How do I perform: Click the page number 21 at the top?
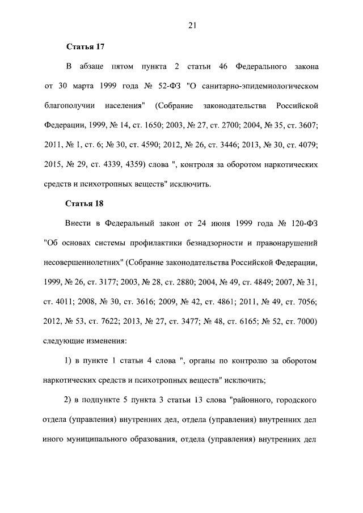click(x=192, y=24)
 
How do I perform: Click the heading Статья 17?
click(x=83, y=46)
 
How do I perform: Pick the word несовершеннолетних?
click(x=83, y=262)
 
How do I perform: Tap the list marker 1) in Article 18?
click(x=70, y=361)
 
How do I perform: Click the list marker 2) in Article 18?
click(x=70, y=400)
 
